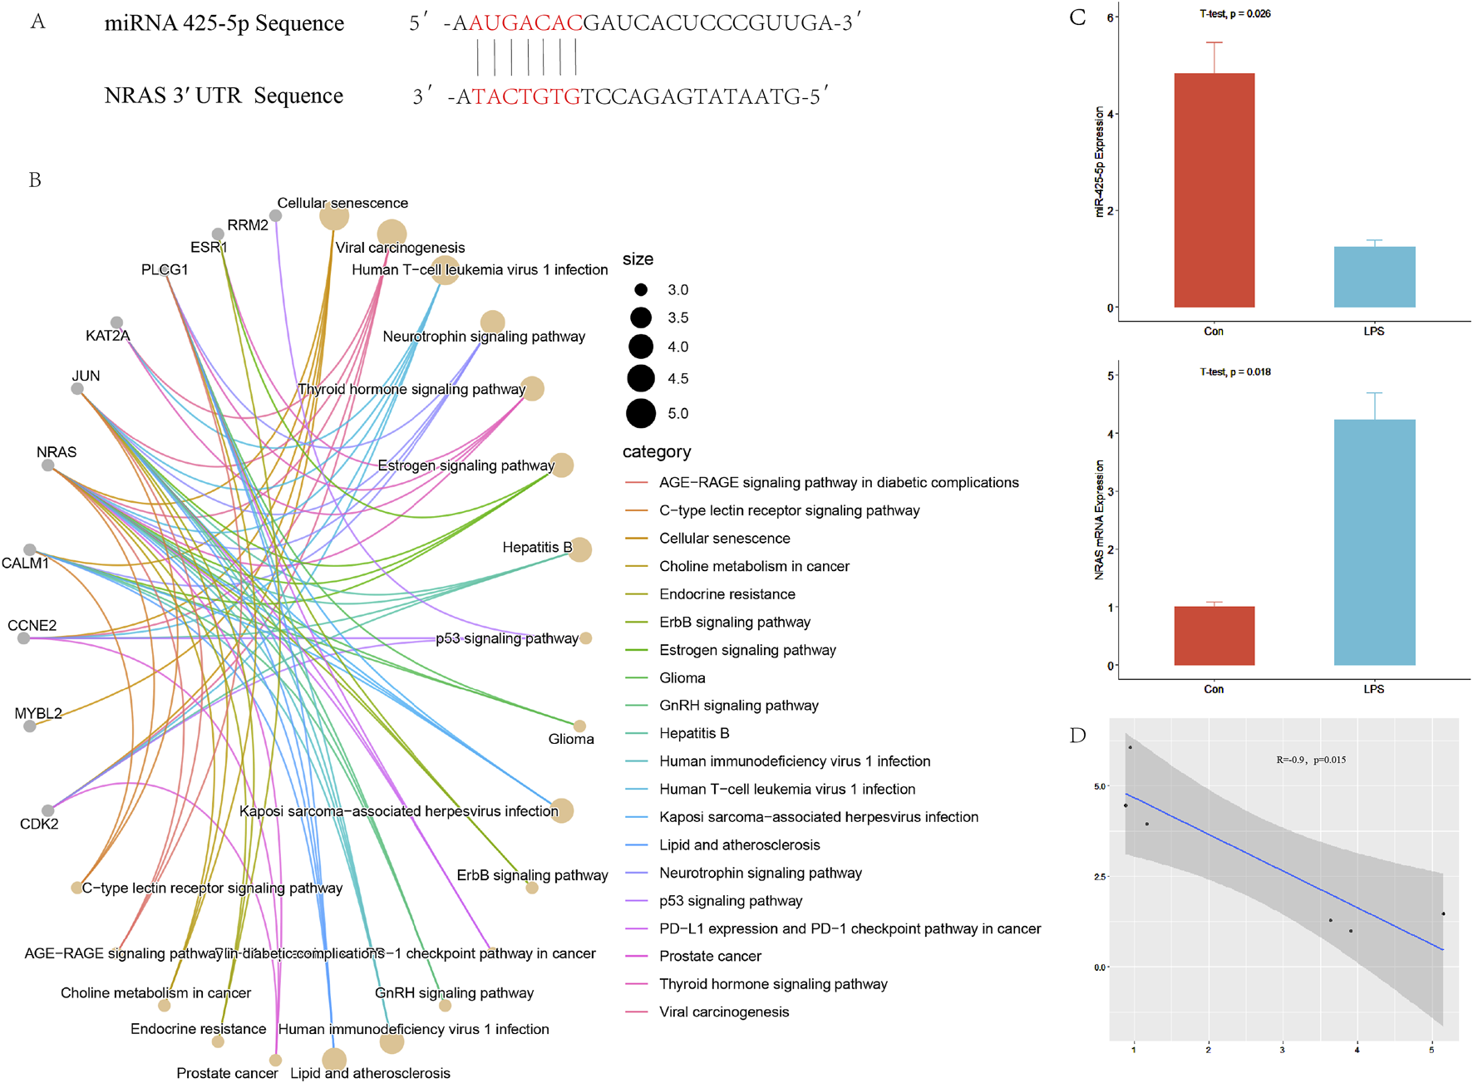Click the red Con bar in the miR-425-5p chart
click(x=1214, y=190)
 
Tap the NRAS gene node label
click(x=57, y=452)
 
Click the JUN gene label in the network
click(x=86, y=376)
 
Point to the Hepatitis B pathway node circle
click(x=580, y=549)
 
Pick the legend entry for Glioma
click(x=682, y=678)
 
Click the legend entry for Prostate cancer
click(x=710, y=957)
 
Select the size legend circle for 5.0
click(x=641, y=413)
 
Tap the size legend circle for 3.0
click(x=641, y=290)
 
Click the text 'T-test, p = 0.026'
click(x=1234, y=14)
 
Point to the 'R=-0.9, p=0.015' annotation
click(x=1311, y=760)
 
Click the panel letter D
click(x=1077, y=736)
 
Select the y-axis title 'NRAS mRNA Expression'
click(x=1100, y=519)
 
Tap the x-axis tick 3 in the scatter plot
click(x=1282, y=1050)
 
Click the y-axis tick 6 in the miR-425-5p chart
click(x=1111, y=17)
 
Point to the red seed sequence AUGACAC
click(x=526, y=23)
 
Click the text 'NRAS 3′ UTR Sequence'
click(x=224, y=96)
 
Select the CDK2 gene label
click(x=39, y=824)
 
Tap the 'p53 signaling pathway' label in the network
click(x=506, y=638)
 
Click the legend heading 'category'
click(x=657, y=452)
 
